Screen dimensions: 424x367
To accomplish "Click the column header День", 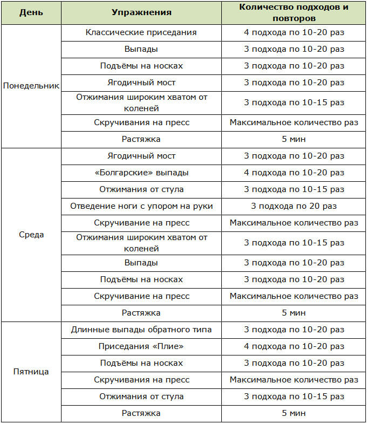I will coord(31,12).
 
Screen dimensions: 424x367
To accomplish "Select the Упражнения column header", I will coord(141,12).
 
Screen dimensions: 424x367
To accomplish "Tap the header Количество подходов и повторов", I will coord(294,12).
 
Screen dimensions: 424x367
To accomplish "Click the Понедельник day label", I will coord(31,86).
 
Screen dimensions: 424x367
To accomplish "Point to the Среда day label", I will coord(31,235).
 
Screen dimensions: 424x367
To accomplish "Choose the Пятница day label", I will coord(31,372).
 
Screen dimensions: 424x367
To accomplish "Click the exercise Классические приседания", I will coord(141,32).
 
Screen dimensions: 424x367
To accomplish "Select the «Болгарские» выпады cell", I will coord(141,173).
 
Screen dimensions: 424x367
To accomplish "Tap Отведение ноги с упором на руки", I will coord(141,206).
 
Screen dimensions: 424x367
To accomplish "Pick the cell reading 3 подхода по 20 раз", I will coord(294,206).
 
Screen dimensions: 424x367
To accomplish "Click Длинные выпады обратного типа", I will coord(141,330).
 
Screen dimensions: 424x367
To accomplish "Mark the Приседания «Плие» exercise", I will coord(141,346).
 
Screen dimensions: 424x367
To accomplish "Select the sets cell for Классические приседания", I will coord(294,32).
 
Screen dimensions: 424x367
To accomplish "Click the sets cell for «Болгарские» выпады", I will coord(294,173).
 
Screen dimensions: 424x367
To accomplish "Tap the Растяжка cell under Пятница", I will coord(141,413).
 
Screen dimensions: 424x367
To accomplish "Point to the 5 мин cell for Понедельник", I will coord(294,139).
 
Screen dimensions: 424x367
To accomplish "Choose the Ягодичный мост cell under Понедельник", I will coord(141,83).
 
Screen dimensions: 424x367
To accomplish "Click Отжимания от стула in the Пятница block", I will coord(141,396).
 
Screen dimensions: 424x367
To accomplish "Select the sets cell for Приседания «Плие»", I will coord(294,346).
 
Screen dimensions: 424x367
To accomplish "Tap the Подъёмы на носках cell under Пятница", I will coord(141,363).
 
